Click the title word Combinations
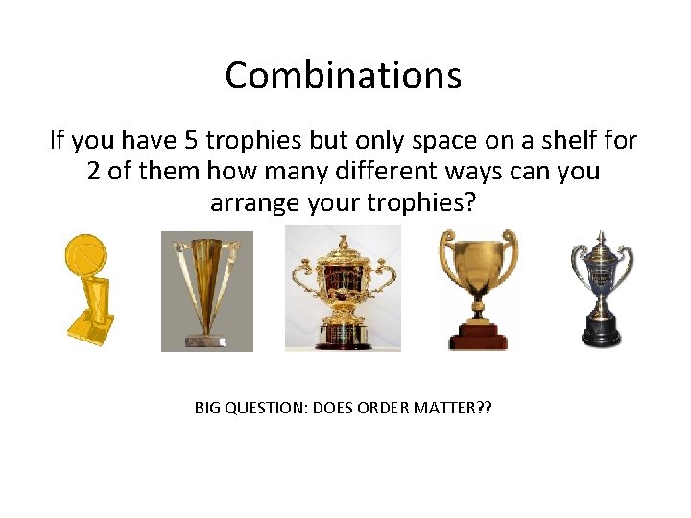point(344,75)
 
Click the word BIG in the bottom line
point(207,408)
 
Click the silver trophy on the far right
point(602,288)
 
